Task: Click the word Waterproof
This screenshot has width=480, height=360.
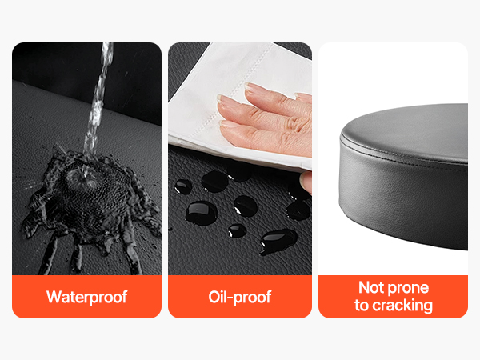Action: tap(86, 297)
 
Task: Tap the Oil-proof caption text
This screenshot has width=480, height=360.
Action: tap(240, 297)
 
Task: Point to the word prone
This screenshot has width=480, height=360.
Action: tap(409, 289)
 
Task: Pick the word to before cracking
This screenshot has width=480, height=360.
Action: tap(362, 306)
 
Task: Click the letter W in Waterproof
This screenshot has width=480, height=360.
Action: tap(53, 297)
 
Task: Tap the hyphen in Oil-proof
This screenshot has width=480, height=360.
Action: tap(230, 298)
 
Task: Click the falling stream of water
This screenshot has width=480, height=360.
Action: tap(98, 101)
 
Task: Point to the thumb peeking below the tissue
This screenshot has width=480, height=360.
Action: tap(306, 182)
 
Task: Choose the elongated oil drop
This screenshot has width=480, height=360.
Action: tap(278, 241)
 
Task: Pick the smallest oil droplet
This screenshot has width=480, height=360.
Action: tap(237, 230)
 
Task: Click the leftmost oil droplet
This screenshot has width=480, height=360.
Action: tap(183, 186)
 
